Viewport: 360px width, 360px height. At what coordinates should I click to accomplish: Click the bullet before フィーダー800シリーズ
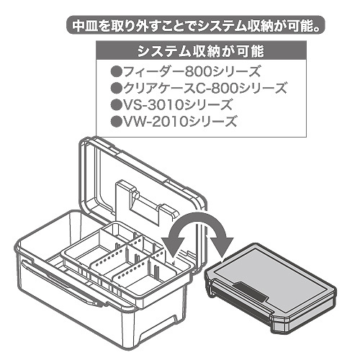point(116,72)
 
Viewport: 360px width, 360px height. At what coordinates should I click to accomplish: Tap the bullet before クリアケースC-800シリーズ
point(116,88)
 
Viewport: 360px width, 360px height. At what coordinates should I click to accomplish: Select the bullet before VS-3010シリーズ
point(116,104)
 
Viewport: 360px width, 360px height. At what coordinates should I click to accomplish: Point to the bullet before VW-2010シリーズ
point(116,121)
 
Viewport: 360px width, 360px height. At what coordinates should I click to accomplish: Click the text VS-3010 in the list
point(153,105)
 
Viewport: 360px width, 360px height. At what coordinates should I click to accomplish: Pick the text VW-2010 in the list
point(156,122)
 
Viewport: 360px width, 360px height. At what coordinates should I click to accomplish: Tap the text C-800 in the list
point(216,89)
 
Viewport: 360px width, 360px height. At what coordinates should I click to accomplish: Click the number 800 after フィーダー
point(199,72)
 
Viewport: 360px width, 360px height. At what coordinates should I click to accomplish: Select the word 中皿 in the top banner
point(85,25)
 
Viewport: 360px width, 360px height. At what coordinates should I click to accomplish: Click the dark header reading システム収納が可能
point(201,51)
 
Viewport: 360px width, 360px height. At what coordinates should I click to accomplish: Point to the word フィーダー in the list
point(153,72)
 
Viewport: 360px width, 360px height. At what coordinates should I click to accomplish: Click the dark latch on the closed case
point(251,292)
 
